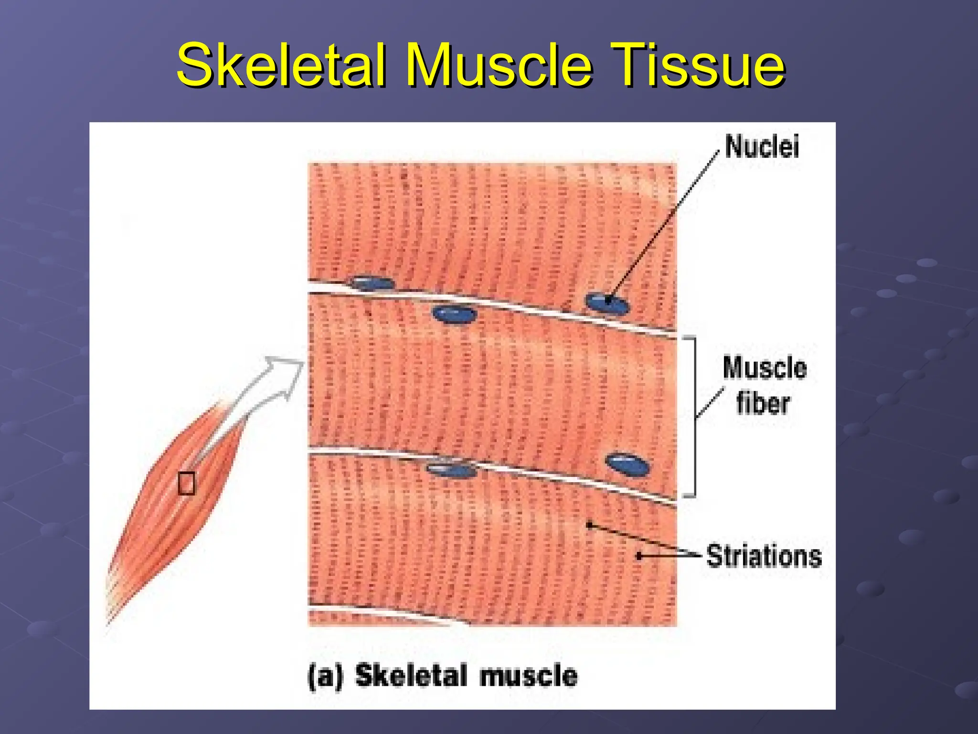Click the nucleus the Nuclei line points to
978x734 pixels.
coord(607,303)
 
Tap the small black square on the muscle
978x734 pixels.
coord(186,483)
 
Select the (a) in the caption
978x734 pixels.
coord(325,676)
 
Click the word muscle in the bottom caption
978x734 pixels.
coord(529,676)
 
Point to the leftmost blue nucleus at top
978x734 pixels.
coord(372,283)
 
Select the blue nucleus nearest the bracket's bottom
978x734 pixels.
coord(627,464)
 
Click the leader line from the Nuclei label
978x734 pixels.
coord(664,225)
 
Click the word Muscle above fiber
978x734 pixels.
coord(765,368)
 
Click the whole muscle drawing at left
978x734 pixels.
coord(172,507)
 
